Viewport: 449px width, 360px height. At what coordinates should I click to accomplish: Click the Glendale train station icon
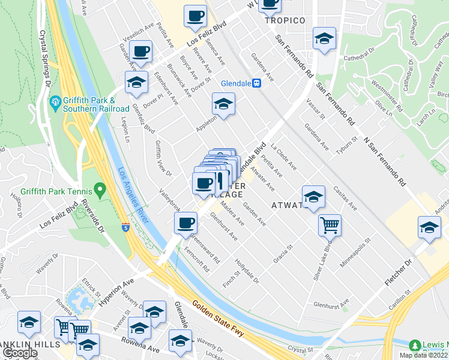256,83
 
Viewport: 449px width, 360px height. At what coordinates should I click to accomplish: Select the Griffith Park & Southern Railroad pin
55,100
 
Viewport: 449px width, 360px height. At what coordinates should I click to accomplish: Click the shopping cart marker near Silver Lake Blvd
330,225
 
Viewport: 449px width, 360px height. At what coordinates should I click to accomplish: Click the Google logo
20,353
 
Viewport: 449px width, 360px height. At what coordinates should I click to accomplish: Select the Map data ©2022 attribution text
423,355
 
